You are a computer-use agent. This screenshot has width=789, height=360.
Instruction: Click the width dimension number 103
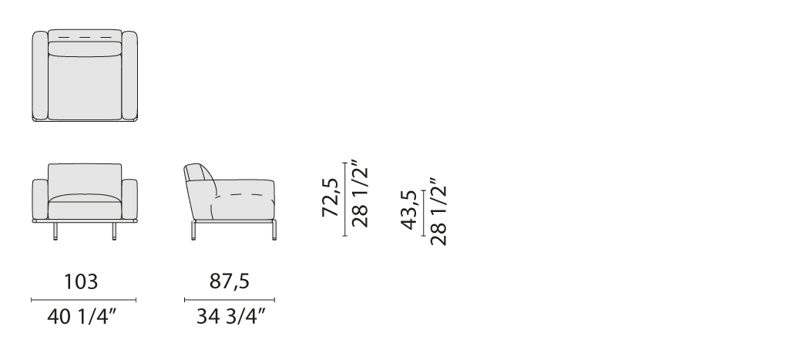tap(81, 281)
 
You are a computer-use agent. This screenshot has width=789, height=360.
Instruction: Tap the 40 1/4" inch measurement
tap(82, 317)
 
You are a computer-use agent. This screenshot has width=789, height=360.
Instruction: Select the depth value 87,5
tap(230, 281)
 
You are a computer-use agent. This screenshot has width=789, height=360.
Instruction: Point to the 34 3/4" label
tap(230, 317)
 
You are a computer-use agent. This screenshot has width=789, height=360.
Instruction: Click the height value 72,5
tap(331, 197)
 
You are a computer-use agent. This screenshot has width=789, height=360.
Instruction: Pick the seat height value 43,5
tap(410, 210)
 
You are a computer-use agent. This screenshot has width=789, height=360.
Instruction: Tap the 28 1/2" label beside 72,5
tap(361, 193)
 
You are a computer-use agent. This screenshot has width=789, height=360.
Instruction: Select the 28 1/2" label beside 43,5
tap(438, 211)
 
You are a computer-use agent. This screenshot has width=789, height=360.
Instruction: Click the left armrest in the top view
tap(40, 76)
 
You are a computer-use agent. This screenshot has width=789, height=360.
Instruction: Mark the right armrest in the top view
tap(129, 76)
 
